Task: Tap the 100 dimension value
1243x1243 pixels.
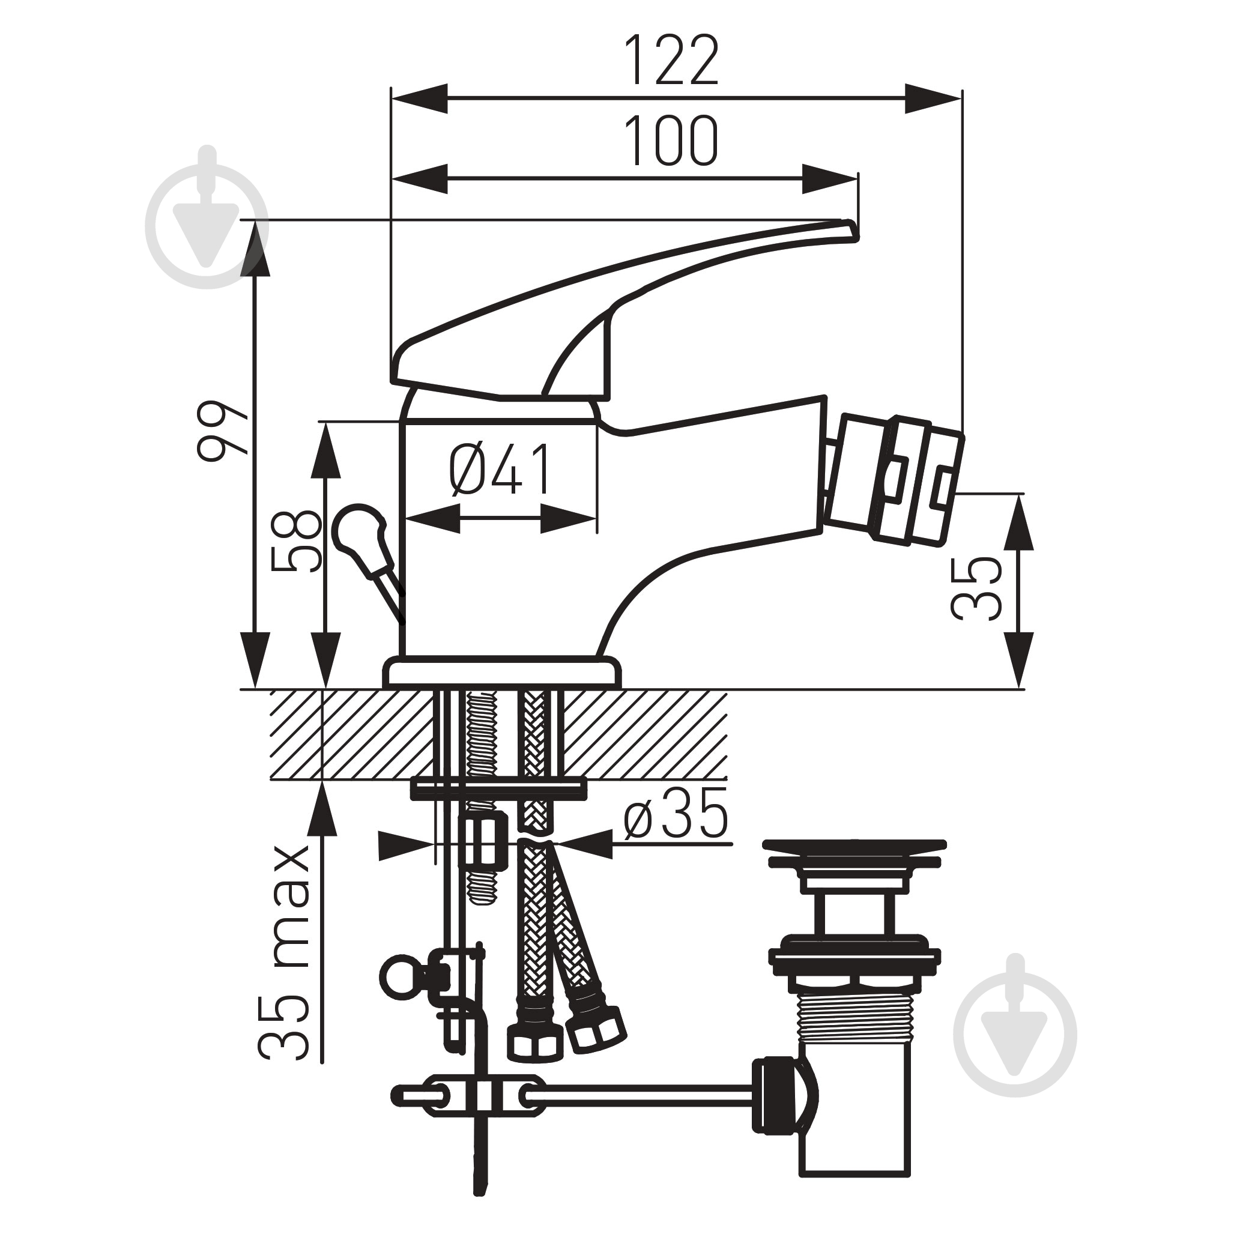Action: [x=672, y=141]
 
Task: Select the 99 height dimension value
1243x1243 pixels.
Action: [x=222, y=431]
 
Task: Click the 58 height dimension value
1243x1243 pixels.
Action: [x=295, y=540]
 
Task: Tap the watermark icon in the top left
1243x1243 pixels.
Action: [x=207, y=217]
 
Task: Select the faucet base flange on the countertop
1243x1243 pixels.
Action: [x=503, y=673]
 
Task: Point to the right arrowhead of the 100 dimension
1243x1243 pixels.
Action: [x=830, y=179]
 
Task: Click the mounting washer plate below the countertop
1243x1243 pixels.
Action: [x=499, y=789]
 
